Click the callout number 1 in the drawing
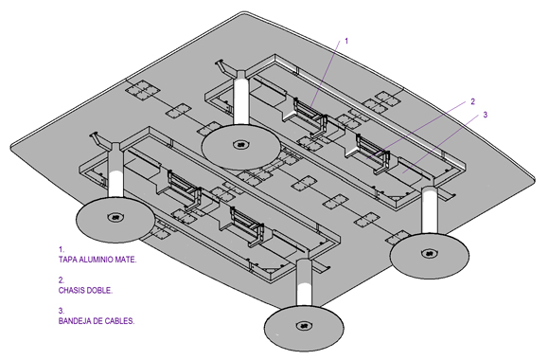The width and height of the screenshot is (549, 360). tap(346, 41)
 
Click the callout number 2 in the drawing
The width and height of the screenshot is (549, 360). tap(473, 101)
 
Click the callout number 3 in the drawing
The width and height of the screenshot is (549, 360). tap(486, 115)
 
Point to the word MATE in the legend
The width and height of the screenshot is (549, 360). tap(126, 260)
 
